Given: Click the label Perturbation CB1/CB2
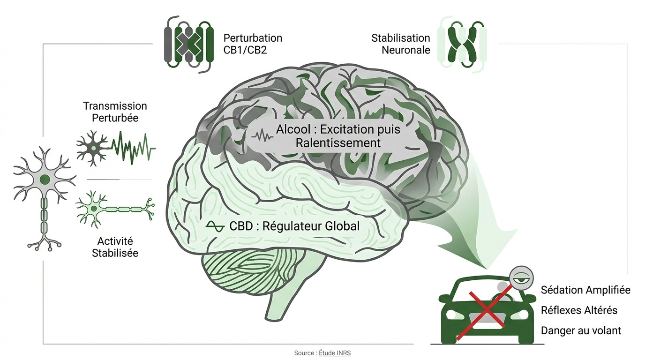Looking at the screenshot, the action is pos(253,44).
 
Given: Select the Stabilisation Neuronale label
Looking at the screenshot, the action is pos(400,44).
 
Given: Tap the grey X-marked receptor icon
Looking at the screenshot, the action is pos(188,44).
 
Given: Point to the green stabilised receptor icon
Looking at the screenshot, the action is pos(462,44).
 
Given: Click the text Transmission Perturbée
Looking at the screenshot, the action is pos(115,112).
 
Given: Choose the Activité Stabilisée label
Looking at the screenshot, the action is pos(115,247).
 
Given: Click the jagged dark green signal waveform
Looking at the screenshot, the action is pos(133,148).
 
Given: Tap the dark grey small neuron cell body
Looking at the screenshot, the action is pos(93,149).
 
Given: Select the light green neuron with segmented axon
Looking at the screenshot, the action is pos(114,210).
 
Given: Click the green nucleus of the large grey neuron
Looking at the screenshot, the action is pos(45,180).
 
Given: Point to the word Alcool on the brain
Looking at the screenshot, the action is pos(293,129).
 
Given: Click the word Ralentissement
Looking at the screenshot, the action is pos(338,143).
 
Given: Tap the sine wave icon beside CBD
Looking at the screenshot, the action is pos(215,227).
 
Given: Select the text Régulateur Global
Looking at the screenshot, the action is pos(311,226).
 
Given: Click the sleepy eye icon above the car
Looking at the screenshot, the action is pos(521,278).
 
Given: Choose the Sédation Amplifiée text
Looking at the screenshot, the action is pos(585,290).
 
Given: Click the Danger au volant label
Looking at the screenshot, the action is pos(581,330).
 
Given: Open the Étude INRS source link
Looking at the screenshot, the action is pos(335,353).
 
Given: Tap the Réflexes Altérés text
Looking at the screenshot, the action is pos(579,310).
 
